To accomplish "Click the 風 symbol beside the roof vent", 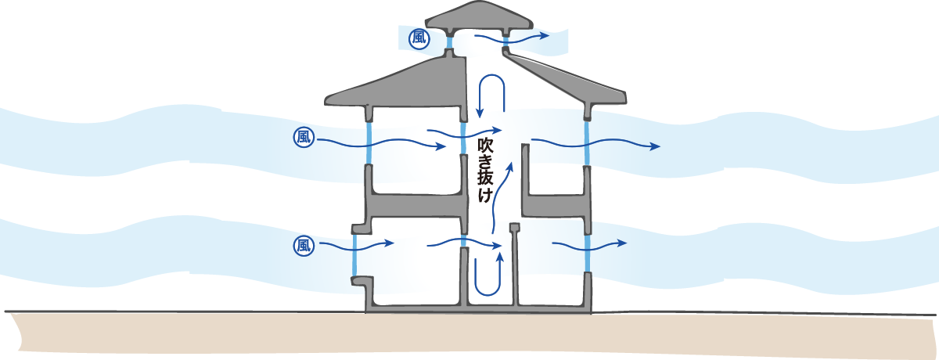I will pyautogui.click(x=419, y=38).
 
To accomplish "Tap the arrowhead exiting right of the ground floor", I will pyautogui.click(x=622, y=244).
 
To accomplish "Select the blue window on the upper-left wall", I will pyautogui.click(x=369, y=142).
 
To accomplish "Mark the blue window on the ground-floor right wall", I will pyautogui.click(x=587, y=254).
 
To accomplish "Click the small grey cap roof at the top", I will pyautogui.click(x=476, y=16).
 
